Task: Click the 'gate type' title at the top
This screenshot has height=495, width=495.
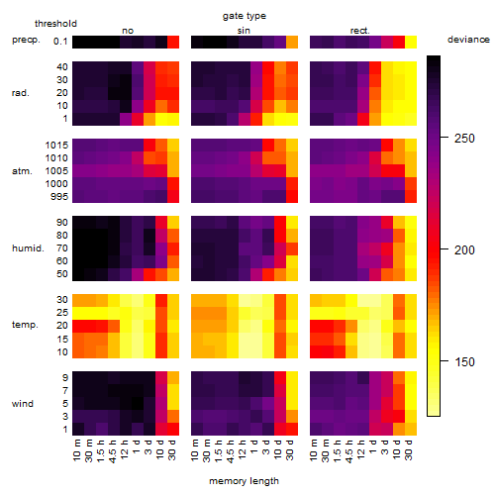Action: [x=245, y=16]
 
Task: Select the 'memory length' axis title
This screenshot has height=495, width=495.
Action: [x=244, y=481]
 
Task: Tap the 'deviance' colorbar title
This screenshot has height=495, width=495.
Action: [x=468, y=40]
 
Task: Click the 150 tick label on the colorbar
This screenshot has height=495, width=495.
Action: [x=464, y=362]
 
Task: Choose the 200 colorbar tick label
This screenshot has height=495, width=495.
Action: [x=464, y=250]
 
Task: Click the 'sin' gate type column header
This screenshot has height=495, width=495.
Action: [x=244, y=31]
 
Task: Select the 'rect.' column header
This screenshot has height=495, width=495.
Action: [x=359, y=31]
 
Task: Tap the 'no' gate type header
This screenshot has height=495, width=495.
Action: [x=128, y=31]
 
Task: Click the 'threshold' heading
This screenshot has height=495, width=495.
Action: [x=55, y=24]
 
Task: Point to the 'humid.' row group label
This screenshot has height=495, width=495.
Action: [x=28, y=248]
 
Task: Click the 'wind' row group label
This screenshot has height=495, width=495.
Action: [x=23, y=404]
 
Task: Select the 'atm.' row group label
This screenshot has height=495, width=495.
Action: [x=22, y=171]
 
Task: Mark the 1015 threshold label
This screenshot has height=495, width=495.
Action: [x=56, y=146]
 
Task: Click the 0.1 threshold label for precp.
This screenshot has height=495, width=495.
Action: [x=60, y=42]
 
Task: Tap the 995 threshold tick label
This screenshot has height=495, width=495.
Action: [x=59, y=197]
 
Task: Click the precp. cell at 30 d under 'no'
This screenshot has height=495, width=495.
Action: [x=173, y=43]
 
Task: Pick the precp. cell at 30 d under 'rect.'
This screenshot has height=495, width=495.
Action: [x=411, y=43]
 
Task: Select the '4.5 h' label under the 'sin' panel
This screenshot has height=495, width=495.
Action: [x=231, y=450]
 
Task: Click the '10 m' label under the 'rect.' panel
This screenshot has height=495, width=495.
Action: [x=314, y=449]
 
